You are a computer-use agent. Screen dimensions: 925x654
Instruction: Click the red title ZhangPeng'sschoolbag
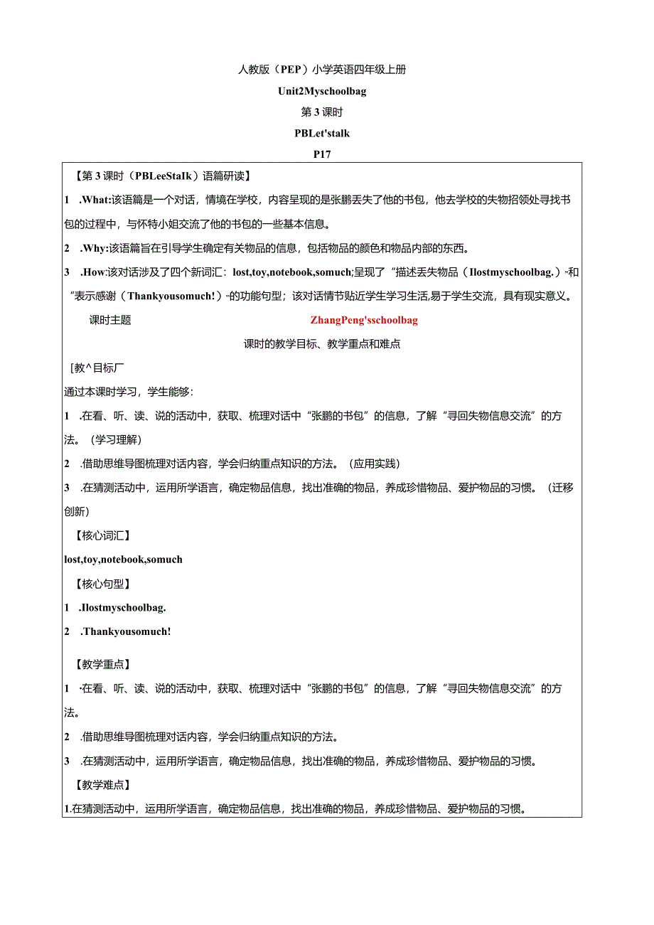click(364, 320)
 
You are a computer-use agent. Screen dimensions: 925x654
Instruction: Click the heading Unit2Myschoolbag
click(323, 91)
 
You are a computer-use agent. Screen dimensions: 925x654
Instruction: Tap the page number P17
click(322, 154)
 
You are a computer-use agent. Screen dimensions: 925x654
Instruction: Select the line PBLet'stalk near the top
click(322, 133)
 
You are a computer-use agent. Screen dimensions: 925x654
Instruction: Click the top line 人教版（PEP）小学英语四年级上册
click(322, 70)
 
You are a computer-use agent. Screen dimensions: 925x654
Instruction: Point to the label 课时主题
click(110, 320)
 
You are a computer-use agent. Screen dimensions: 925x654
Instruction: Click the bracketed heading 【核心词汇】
click(102, 535)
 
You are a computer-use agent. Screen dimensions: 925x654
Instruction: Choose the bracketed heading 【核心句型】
click(102, 584)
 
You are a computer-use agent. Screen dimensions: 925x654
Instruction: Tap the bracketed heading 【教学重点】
click(102, 664)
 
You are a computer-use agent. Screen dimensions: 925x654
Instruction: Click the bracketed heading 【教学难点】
click(102, 785)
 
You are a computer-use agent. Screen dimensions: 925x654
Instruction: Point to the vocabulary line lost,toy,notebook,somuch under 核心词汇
click(123, 560)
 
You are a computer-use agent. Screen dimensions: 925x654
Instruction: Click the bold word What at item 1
click(95, 200)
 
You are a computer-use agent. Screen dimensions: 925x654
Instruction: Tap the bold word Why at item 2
click(94, 248)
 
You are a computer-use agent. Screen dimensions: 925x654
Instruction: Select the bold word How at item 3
click(93, 272)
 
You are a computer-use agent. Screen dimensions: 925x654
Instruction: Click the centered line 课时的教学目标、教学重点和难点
click(322, 344)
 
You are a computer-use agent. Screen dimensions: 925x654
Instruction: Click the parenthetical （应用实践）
click(375, 464)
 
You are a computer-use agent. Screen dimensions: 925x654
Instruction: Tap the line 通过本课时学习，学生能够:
click(129, 392)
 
